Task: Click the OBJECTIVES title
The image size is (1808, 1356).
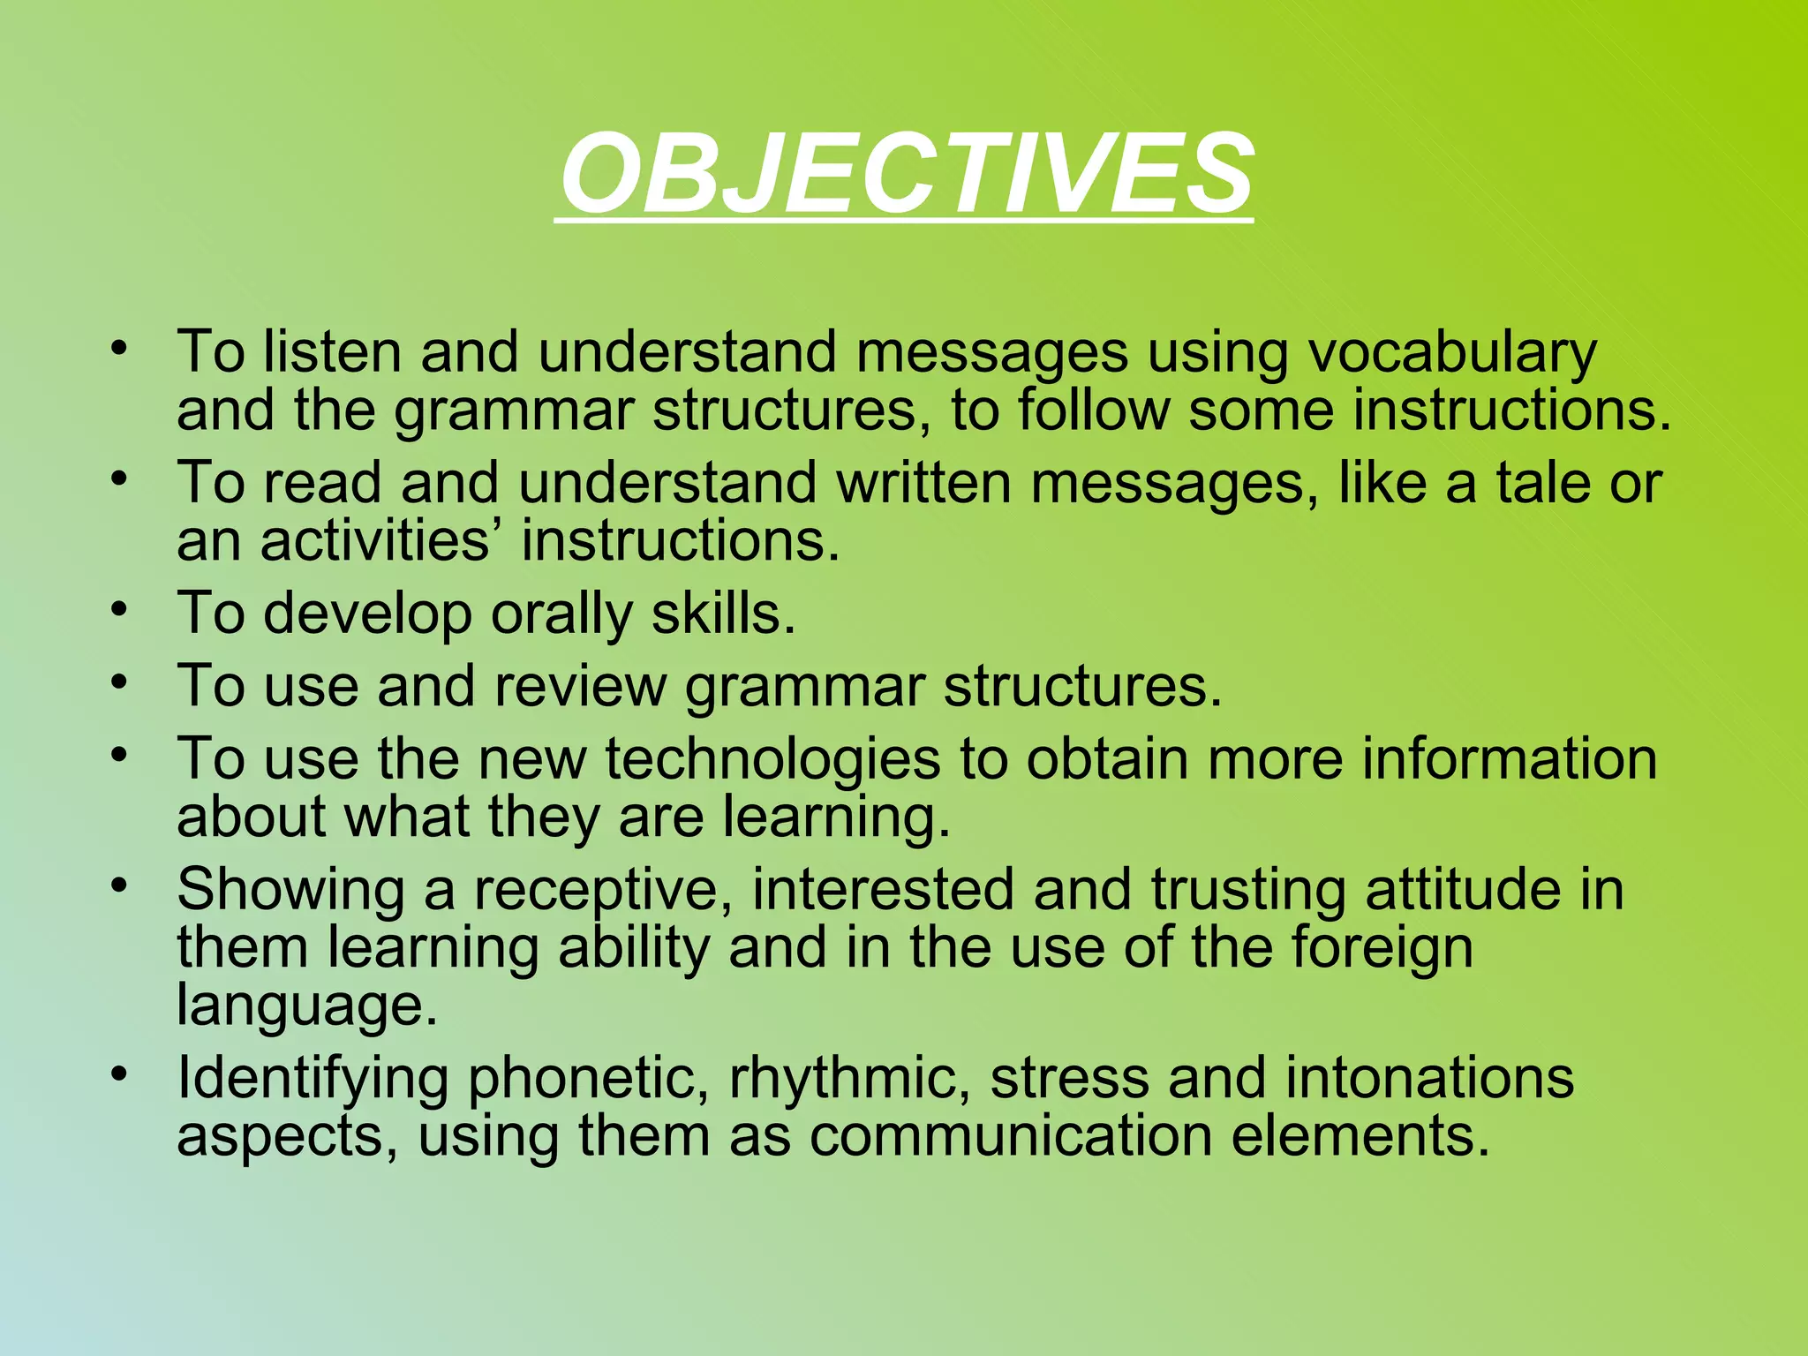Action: pos(906,173)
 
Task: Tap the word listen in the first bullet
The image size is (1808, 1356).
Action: pos(332,351)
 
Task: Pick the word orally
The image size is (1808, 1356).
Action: pos(561,614)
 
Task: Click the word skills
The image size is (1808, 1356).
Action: pos(723,613)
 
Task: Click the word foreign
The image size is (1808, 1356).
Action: pos(1382,949)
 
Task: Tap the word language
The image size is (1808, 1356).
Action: pos(305,1006)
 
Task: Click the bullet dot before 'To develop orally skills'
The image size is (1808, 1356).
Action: pos(120,610)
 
